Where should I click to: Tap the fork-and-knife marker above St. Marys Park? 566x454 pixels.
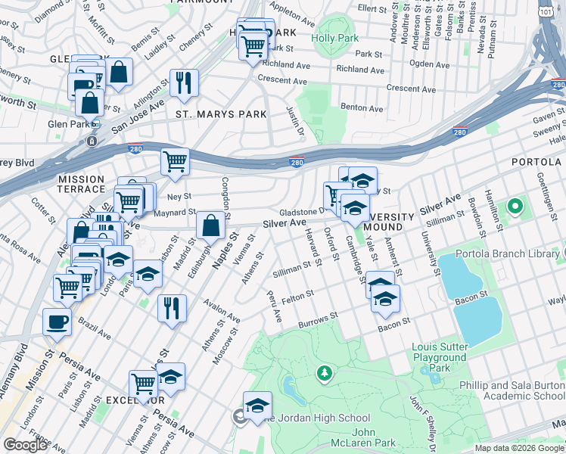pos(183,83)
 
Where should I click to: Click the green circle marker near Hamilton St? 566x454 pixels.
pos(515,206)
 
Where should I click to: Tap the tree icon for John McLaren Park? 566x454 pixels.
pos(325,372)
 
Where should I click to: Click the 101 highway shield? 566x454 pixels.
pos(545,11)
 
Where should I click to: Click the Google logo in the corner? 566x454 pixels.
pos(26,445)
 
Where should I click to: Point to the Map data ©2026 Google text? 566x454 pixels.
pos(519,448)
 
